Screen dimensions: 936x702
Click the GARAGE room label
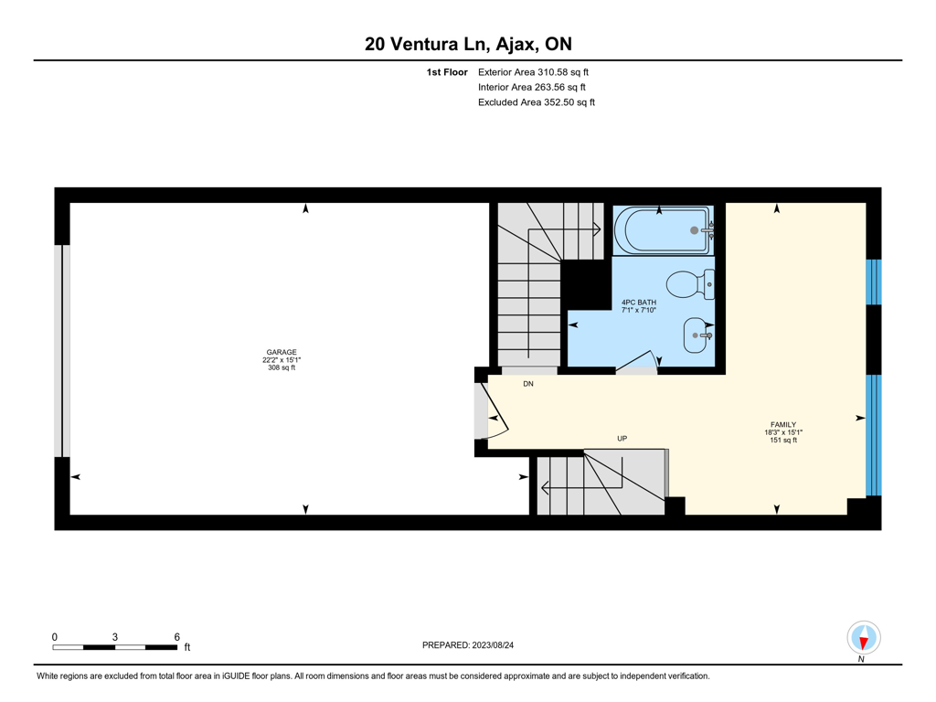[x=282, y=352]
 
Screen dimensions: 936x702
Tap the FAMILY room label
[x=783, y=424]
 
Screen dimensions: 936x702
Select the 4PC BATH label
[x=639, y=303]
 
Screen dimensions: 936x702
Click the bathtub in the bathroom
[x=664, y=230]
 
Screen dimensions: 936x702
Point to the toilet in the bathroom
[x=690, y=284]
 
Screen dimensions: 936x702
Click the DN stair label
[x=528, y=384]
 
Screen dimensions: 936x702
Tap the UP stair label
[x=622, y=438]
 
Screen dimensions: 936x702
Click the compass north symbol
[x=863, y=638]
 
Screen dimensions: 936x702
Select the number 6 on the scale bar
[x=176, y=637]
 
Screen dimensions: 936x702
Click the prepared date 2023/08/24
[x=493, y=645]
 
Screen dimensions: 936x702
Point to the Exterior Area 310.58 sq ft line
[x=533, y=72]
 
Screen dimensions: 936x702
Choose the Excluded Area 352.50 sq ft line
[x=536, y=102]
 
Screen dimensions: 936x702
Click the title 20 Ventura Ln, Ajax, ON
[x=468, y=44]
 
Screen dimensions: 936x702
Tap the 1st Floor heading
[x=446, y=72]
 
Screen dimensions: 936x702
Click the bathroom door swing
[x=636, y=363]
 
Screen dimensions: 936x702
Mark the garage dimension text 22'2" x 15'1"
[x=282, y=360]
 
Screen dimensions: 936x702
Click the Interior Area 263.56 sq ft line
[x=531, y=87]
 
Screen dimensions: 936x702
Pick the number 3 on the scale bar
[x=114, y=637]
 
